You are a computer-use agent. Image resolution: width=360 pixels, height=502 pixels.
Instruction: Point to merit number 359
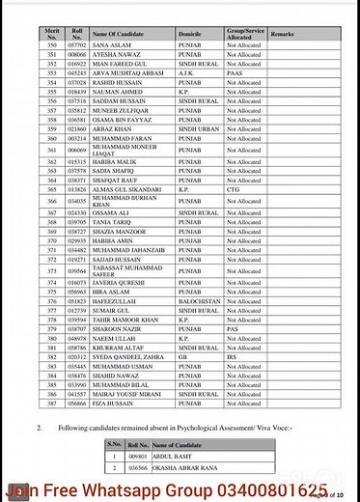click(x=51, y=127)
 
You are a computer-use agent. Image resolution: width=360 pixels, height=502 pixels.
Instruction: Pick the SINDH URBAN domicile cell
click(x=199, y=127)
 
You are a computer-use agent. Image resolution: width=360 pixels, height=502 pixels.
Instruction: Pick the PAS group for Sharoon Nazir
click(x=234, y=328)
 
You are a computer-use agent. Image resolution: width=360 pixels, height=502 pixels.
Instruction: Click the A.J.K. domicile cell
click(x=187, y=72)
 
